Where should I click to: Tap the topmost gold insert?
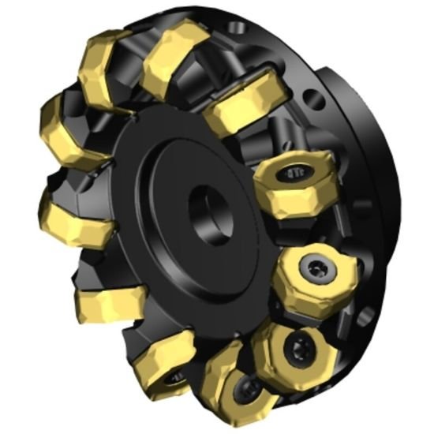click(x=175, y=51)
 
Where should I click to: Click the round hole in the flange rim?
click(x=315, y=100)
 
